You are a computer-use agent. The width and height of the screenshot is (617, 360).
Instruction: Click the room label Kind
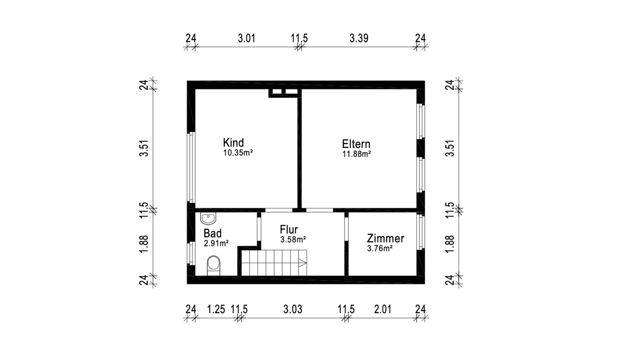(233, 142)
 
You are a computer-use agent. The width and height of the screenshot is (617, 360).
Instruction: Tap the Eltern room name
(356, 144)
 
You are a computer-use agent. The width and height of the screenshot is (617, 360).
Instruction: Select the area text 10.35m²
(238, 153)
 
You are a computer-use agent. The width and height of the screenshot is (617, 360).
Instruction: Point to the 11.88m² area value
(357, 154)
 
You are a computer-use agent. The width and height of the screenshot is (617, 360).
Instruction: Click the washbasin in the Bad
(208, 219)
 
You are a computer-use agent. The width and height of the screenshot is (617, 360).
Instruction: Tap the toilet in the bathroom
(213, 265)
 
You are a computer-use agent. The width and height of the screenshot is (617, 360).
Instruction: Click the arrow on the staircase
(302, 263)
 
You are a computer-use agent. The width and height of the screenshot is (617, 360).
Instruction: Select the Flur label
(288, 229)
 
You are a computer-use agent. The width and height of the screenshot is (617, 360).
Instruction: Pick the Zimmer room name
(385, 238)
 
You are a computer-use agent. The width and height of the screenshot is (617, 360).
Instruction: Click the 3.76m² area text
(380, 248)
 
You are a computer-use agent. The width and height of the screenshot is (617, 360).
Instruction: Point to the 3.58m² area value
(293, 240)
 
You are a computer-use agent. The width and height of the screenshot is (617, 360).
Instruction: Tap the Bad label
(212, 233)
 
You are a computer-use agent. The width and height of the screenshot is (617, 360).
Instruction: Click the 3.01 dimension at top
(246, 38)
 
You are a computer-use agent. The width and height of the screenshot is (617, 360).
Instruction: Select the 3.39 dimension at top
(359, 38)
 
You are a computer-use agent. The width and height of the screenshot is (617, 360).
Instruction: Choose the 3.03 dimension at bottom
(293, 309)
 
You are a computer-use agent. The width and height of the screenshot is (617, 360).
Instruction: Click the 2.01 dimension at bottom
(383, 309)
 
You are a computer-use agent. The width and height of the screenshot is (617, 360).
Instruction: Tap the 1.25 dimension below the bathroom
(216, 309)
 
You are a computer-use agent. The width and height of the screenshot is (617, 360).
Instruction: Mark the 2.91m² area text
(216, 243)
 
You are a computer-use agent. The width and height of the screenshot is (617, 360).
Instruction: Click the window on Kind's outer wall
(191, 168)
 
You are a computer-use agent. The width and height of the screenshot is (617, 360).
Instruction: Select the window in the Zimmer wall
(421, 232)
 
